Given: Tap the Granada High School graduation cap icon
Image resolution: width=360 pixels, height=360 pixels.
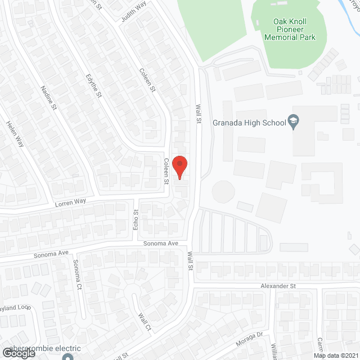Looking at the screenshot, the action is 293,121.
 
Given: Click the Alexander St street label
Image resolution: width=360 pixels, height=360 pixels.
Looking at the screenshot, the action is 277,286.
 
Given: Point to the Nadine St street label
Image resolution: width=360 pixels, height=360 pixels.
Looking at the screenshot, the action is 49,97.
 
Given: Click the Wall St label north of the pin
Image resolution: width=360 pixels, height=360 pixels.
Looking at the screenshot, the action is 198,113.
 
